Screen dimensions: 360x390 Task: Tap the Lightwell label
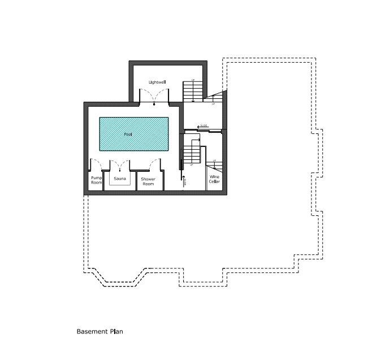[157, 83]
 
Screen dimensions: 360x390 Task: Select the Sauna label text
[119, 179]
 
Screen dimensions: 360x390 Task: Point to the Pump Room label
[96, 180]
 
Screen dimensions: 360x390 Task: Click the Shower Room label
[148, 181]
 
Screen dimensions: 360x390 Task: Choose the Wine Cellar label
[214, 180]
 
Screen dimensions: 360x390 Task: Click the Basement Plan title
[99, 332]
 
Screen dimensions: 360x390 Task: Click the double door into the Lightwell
[154, 97]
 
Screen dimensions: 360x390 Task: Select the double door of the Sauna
[120, 164]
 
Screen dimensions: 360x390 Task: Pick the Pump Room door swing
[97, 165]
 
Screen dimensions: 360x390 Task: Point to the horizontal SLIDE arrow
[203, 126]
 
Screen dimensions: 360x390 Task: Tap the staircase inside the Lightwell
[192, 91]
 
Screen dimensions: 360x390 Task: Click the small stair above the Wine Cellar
[215, 166]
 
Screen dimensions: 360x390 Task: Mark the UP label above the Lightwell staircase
[193, 80]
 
